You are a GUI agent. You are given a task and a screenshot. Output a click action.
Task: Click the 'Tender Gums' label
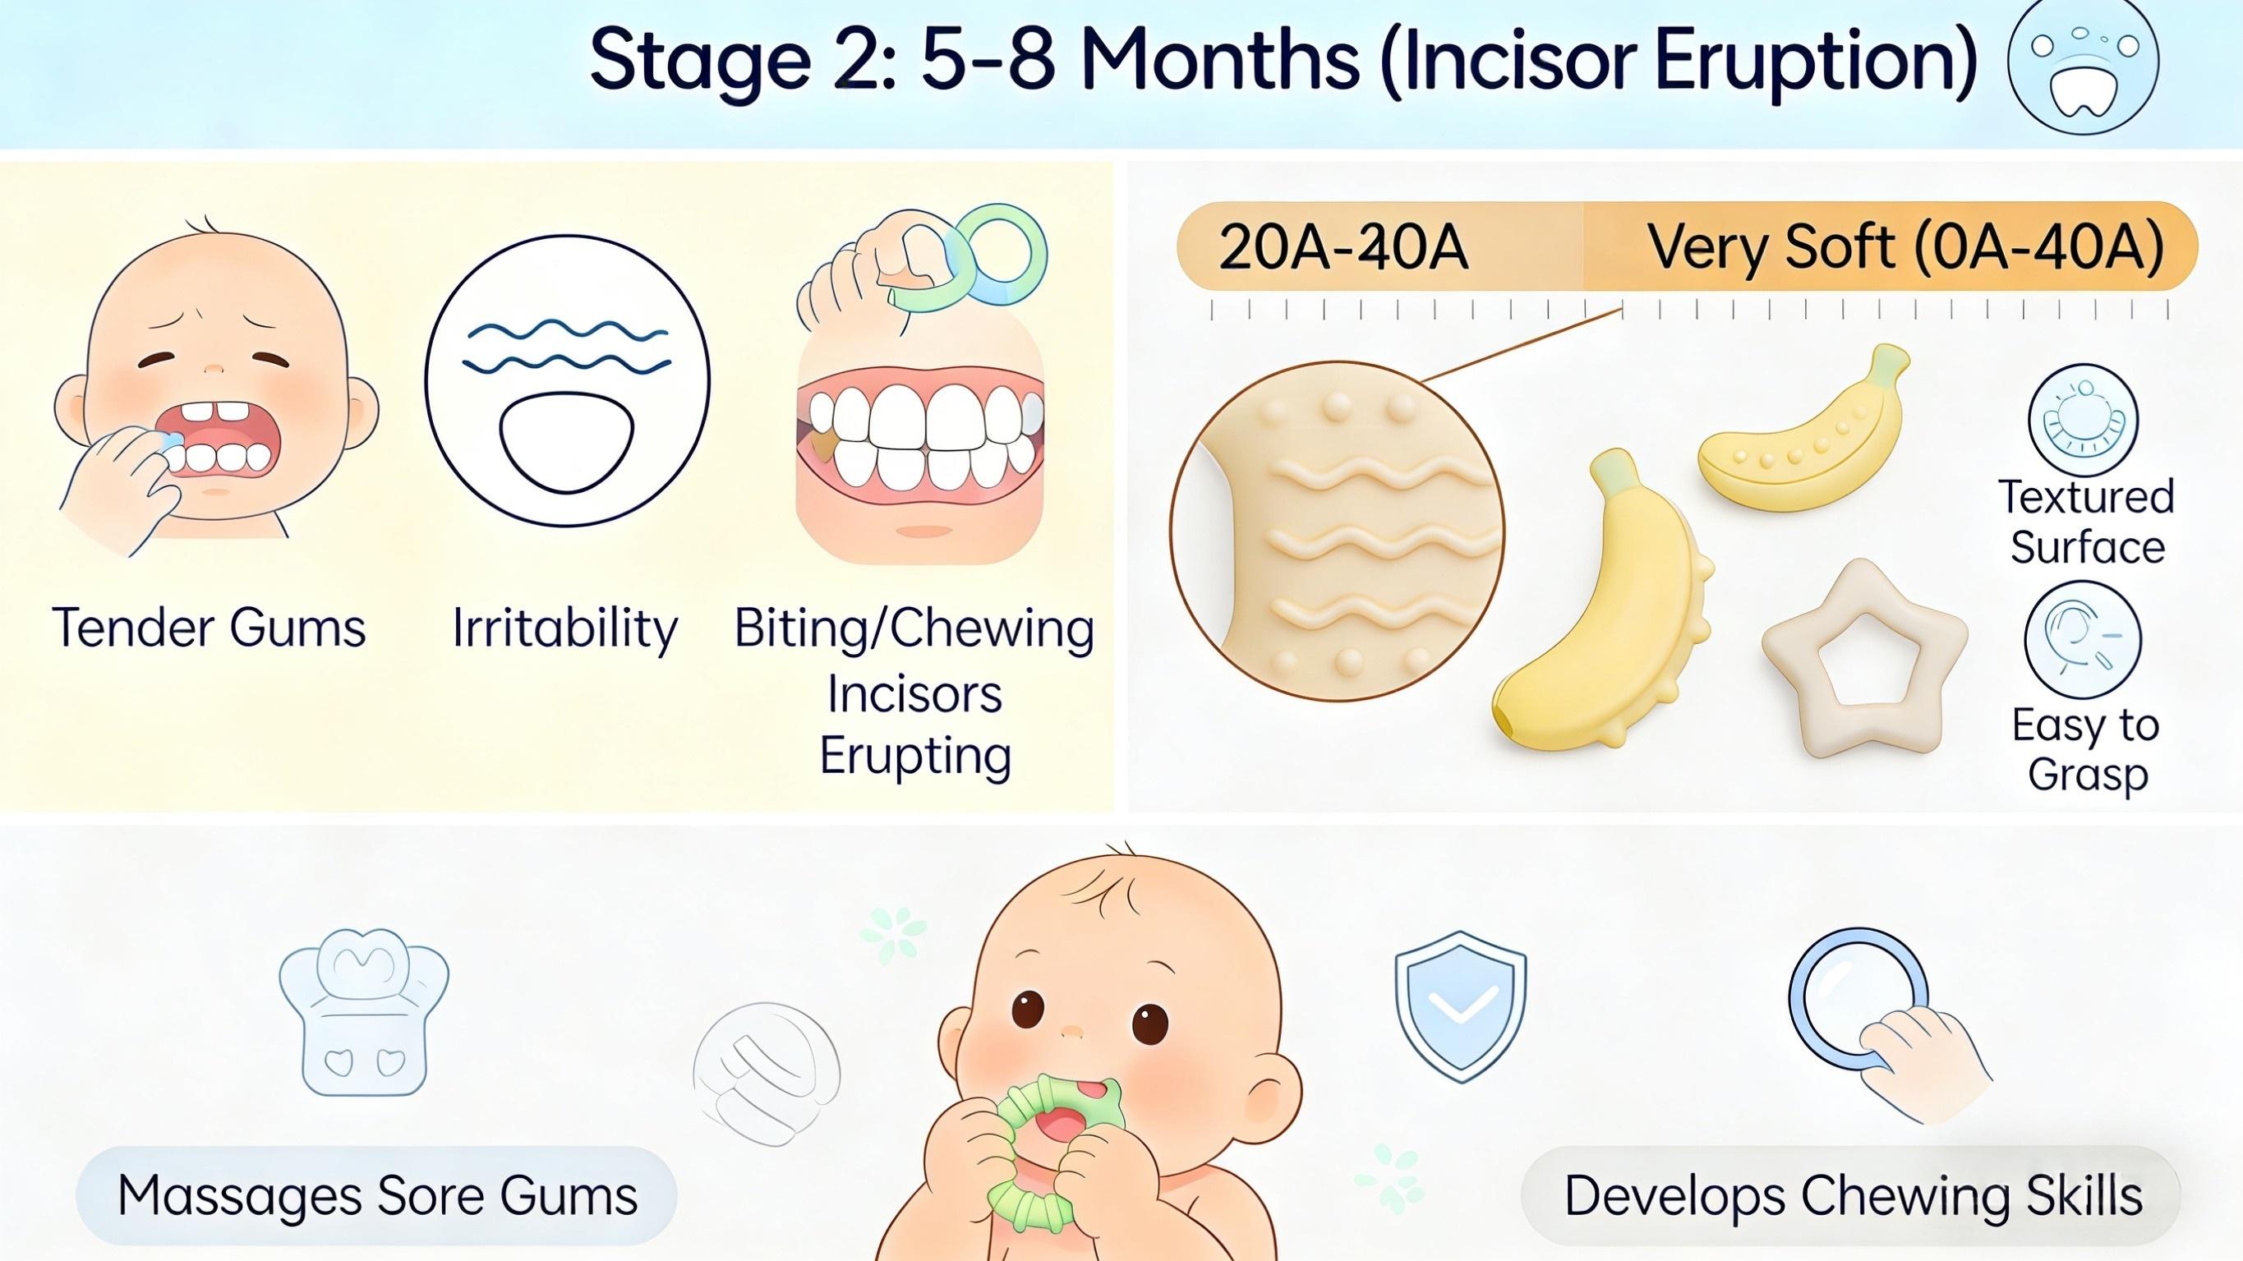pyautogui.click(x=209, y=627)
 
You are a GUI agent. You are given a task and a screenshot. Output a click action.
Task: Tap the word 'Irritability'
pyautogui.click(x=565, y=627)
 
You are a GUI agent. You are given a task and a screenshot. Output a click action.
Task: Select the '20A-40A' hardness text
pyautogui.click(x=1343, y=247)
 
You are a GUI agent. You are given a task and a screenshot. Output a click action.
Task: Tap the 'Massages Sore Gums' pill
pyautogui.click(x=376, y=1194)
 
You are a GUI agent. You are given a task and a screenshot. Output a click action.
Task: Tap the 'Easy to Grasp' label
pyautogui.click(x=2086, y=749)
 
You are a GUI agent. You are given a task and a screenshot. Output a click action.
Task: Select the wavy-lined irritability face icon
pyautogui.click(x=567, y=380)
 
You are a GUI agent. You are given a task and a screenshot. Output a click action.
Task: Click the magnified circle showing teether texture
pyautogui.click(x=1337, y=530)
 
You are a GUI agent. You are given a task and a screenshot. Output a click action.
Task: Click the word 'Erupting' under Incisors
pyautogui.click(x=915, y=756)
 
